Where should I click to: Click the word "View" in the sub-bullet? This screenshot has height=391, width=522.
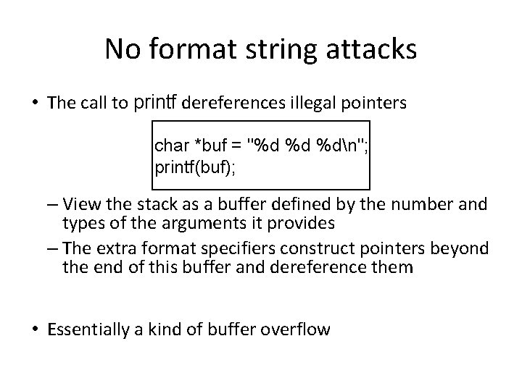pyautogui.click(x=87, y=204)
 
